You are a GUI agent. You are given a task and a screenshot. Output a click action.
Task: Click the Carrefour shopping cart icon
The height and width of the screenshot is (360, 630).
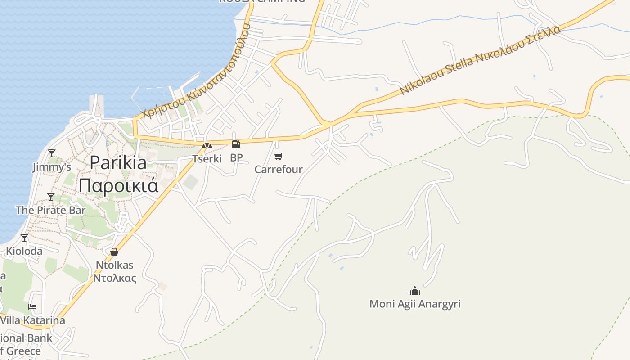(x=279, y=156)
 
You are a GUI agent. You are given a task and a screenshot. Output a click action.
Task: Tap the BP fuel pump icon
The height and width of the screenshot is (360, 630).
(x=236, y=144)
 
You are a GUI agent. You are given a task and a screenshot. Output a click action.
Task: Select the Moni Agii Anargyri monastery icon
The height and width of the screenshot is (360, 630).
(x=415, y=291)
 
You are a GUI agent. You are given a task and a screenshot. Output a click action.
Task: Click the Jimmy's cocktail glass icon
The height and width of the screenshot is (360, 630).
(x=52, y=153)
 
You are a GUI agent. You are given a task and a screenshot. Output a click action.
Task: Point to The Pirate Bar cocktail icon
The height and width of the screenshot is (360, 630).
(x=51, y=197)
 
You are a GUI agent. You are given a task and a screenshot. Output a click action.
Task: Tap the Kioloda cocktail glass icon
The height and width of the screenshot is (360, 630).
(x=24, y=238)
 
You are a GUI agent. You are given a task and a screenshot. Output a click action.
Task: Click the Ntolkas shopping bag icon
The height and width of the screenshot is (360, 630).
(x=114, y=252)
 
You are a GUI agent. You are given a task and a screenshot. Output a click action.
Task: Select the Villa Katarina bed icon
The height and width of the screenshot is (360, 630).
(x=32, y=307)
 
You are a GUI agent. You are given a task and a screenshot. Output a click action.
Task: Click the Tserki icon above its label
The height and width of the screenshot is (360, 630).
(x=207, y=146)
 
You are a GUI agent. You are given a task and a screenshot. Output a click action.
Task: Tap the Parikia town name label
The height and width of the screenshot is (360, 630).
(x=118, y=162)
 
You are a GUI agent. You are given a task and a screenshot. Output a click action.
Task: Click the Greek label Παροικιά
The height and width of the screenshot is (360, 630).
(x=118, y=185)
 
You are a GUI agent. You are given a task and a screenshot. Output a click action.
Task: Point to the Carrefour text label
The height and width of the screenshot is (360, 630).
(x=279, y=170)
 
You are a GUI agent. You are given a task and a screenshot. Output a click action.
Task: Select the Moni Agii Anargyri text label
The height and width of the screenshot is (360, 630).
(x=415, y=304)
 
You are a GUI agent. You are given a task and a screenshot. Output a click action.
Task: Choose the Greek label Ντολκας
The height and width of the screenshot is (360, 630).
(x=114, y=278)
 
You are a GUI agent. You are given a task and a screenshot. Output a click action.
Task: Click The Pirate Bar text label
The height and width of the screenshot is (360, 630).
(x=51, y=210)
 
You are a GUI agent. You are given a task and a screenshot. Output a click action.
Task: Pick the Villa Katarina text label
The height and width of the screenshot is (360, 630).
(x=33, y=320)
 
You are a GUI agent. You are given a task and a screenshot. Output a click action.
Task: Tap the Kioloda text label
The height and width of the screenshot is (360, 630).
(x=24, y=251)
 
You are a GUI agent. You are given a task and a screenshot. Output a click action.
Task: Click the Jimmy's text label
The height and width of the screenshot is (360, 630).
(x=52, y=167)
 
